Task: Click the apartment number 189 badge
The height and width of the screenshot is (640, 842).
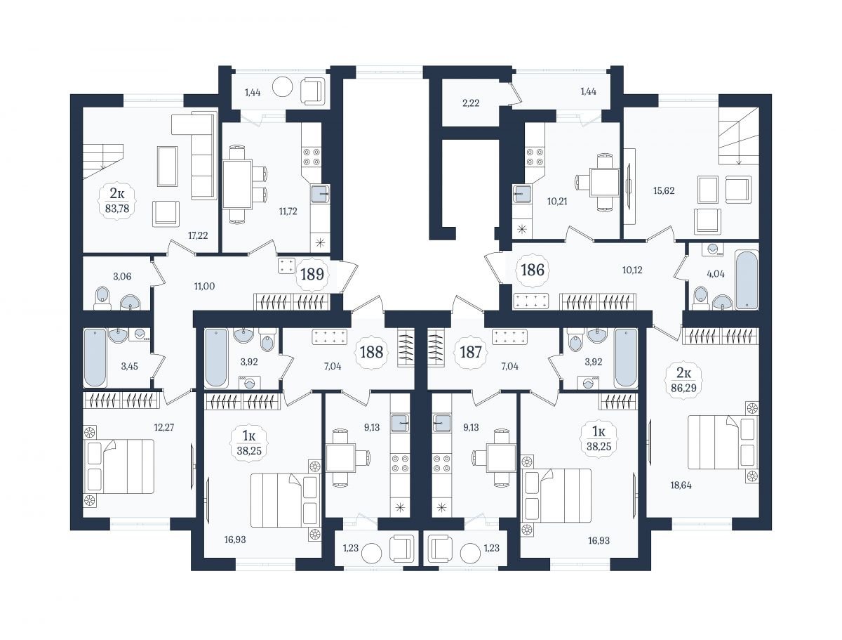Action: click(x=312, y=274)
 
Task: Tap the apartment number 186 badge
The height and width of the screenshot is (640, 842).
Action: click(x=533, y=270)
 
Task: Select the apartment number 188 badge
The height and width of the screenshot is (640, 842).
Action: click(x=371, y=352)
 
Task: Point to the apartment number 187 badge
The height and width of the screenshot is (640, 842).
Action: click(x=470, y=352)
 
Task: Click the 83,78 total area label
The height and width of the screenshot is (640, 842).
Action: click(x=117, y=209)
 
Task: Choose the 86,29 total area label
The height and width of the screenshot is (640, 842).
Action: click(x=683, y=387)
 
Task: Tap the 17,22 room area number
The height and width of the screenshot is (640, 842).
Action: click(x=198, y=235)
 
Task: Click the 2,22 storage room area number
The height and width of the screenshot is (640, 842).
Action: click(x=471, y=103)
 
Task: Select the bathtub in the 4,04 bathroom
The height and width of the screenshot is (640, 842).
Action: click(x=747, y=279)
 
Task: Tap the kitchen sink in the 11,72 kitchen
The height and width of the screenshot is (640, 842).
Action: click(x=320, y=194)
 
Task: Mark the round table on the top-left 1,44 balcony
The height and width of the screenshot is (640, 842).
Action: click(x=283, y=88)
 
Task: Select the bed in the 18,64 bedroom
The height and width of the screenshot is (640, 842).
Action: click(x=723, y=443)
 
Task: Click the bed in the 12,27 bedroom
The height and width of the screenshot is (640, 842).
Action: click(x=119, y=466)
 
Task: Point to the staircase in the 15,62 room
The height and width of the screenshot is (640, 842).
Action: click(x=738, y=136)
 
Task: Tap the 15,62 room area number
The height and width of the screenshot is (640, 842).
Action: click(x=664, y=190)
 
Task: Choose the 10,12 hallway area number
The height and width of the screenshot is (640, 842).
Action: click(x=632, y=270)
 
